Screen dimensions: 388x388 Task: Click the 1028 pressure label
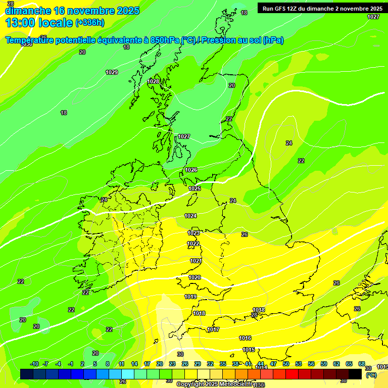tap(153, 82)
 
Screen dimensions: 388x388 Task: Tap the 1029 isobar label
tap(112, 73)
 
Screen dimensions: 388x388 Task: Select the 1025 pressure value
tap(195, 189)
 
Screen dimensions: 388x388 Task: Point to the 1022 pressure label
tap(193, 244)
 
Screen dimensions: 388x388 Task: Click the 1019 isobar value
tap(190, 297)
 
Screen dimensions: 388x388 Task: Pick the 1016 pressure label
tap(245, 338)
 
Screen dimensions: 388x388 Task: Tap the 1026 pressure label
tap(191, 170)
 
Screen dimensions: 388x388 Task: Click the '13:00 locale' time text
tap(39, 22)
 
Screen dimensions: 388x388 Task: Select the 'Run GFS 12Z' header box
tap(322, 8)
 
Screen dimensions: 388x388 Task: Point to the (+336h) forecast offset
tap(90, 23)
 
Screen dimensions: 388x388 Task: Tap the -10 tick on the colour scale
tap(34, 364)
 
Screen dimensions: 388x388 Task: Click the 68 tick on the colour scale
tap(362, 364)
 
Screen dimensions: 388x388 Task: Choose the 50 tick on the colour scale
tap(286, 364)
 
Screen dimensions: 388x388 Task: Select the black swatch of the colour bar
tap(355, 374)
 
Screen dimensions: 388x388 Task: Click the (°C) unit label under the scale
tap(371, 375)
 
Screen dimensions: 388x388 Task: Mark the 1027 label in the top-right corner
tap(373, 17)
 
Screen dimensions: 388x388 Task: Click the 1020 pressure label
tap(195, 278)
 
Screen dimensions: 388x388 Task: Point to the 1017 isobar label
tap(213, 330)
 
